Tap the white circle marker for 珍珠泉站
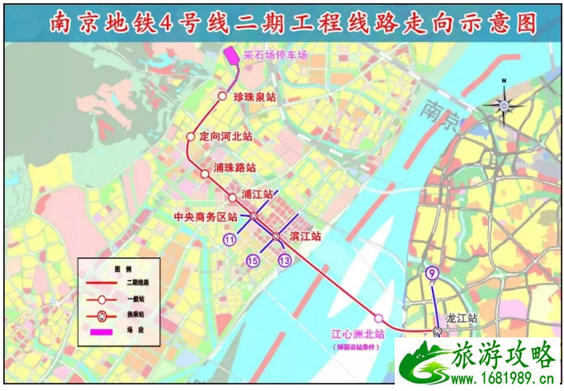[222, 97]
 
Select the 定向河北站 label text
[225, 136]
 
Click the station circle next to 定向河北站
[191, 138]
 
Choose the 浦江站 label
[258, 195]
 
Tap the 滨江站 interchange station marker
[277, 237]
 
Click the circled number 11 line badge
[230, 240]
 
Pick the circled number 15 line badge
[253, 261]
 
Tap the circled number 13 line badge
[285, 261]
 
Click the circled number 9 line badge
[430, 274]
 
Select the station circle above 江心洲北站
[378, 318]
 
